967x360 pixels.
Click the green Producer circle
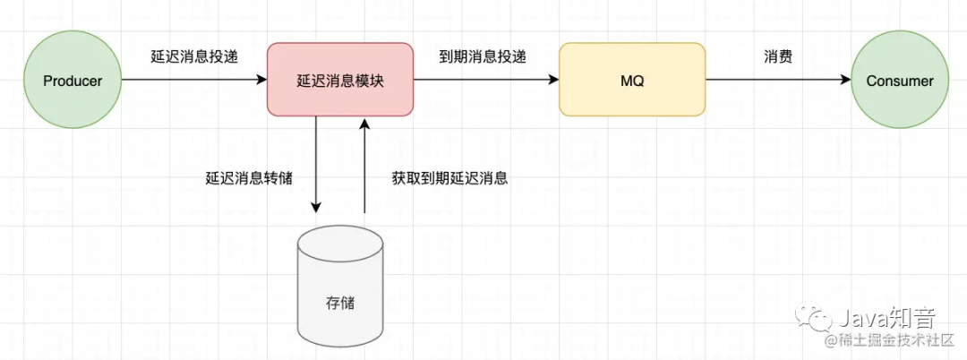tap(73, 81)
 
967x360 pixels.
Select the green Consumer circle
tap(899, 81)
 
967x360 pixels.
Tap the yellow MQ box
tap(632, 81)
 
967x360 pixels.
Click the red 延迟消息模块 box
tap(340, 81)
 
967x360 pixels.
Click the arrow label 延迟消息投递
tap(195, 56)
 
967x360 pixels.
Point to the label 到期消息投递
tap(483, 56)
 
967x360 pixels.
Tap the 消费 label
tap(778, 56)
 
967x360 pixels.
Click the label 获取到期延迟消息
tap(449, 177)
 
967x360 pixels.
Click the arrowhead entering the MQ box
tap(553, 81)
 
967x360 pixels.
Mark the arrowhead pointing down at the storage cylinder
tap(316, 207)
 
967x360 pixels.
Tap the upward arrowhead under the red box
tap(364, 124)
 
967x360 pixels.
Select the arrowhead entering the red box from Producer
tap(261, 81)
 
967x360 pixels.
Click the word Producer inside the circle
tap(73, 81)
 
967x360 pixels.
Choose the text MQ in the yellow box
tap(632, 81)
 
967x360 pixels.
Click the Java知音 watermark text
tap(886, 317)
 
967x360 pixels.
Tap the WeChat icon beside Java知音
tap(817, 318)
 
